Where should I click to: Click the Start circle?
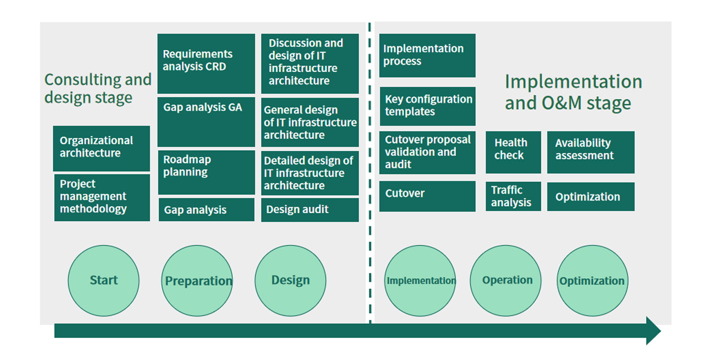pos(104,280)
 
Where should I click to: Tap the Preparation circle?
pos(197,280)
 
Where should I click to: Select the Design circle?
pos(290,280)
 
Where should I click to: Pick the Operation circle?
pos(505,280)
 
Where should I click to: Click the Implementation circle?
pos(420,280)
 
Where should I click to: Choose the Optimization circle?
pos(592,280)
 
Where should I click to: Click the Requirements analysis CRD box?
pos(206,63)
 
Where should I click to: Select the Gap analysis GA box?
pos(206,122)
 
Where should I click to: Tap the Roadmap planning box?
pos(206,172)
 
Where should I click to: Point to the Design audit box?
pos(310,210)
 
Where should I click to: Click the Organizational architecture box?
pos(102,148)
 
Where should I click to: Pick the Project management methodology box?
pos(102,197)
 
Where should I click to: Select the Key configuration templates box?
pos(427,106)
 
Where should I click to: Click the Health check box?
pos(513,152)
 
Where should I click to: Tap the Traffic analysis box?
pos(513,196)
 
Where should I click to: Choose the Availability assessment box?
pos(591,152)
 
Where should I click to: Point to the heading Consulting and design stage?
pos(98,88)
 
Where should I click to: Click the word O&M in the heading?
pos(562,103)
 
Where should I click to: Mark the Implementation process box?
pos(427,55)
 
